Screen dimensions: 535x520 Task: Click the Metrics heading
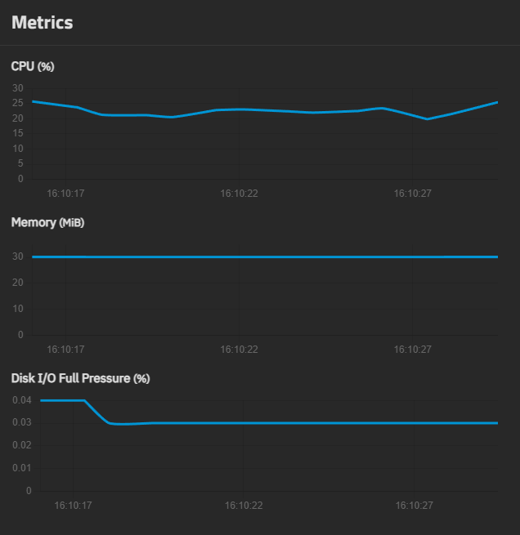(43, 23)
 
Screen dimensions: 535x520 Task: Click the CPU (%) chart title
(33, 66)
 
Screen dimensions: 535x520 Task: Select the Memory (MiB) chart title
(47, 222)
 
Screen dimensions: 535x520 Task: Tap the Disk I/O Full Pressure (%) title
(80, 378)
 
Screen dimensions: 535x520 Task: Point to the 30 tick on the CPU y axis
(18, 88)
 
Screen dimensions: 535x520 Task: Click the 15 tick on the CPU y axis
(18, 134)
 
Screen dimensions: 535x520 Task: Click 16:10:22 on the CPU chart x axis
(239, 194)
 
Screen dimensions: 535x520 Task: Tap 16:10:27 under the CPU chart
(413, 194)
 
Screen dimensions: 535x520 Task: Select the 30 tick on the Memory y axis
(18, 256)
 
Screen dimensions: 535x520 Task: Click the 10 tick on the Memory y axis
(18, 309)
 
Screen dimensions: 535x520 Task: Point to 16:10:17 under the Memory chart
(65, 349)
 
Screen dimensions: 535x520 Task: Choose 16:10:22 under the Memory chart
(239, 349)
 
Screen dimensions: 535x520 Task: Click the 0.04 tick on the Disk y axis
(21, 400)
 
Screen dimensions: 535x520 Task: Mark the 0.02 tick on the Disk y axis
(21, 446)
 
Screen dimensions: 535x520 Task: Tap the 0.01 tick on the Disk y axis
(21, 468)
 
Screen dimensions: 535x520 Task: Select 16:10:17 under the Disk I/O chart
(73, 506)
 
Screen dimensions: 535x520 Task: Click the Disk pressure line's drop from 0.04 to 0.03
(96, 412)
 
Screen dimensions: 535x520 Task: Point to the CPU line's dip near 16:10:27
(427, 119)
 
